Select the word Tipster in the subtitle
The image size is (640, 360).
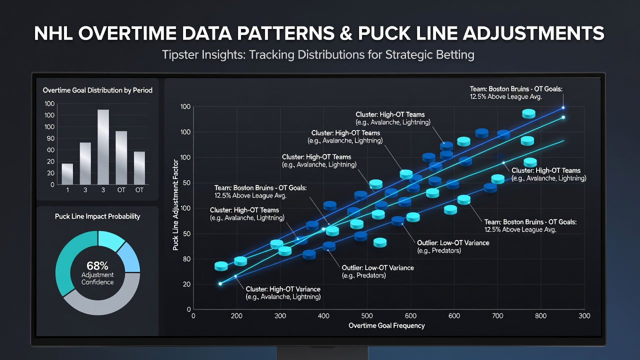(x=180, y=54)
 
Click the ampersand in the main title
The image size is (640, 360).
(x=346, y=33)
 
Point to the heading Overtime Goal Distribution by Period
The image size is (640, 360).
(x=97, y=90)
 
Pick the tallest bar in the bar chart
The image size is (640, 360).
(x=103, y=147)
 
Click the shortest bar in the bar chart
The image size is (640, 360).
(x=67, y=173)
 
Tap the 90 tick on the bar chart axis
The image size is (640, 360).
(x=50, y=138)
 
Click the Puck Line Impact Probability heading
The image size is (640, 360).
(x=97, y=216)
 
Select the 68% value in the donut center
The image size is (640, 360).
(x=97, y=266)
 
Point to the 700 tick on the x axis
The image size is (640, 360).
(x=497, y=315)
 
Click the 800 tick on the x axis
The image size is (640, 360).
(x=540, y=315)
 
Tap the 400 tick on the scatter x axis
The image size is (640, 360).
(x=323, y=315)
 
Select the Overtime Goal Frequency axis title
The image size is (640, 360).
(x=386, y=325)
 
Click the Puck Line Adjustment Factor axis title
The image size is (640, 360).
(x=175, y=205)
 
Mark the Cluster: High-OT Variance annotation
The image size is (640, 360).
(x=283, y=293)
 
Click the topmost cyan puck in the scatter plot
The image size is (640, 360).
(x=528, y=113)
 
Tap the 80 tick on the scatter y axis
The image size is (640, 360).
(x=186, y=259)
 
